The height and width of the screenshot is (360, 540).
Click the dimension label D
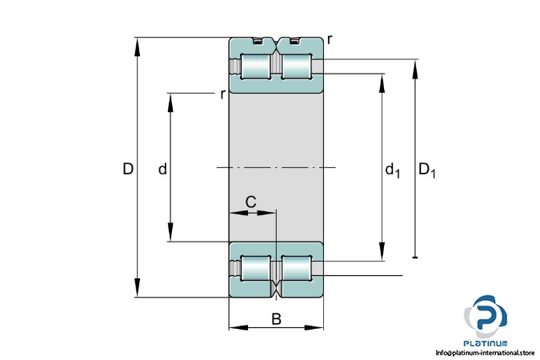[128, 169]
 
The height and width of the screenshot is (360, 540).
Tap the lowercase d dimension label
[162, 169]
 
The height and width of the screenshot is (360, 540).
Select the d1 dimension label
[392, 170]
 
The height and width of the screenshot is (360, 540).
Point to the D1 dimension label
[426, 170]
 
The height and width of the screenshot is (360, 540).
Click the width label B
[276, 319]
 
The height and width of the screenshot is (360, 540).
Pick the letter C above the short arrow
[250, 202]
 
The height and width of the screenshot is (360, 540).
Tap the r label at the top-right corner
[330, 40]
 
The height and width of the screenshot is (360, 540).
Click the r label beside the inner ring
[223, 94]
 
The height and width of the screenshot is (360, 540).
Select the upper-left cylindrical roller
[255, 66]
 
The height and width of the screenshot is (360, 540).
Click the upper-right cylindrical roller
[297, 66]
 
